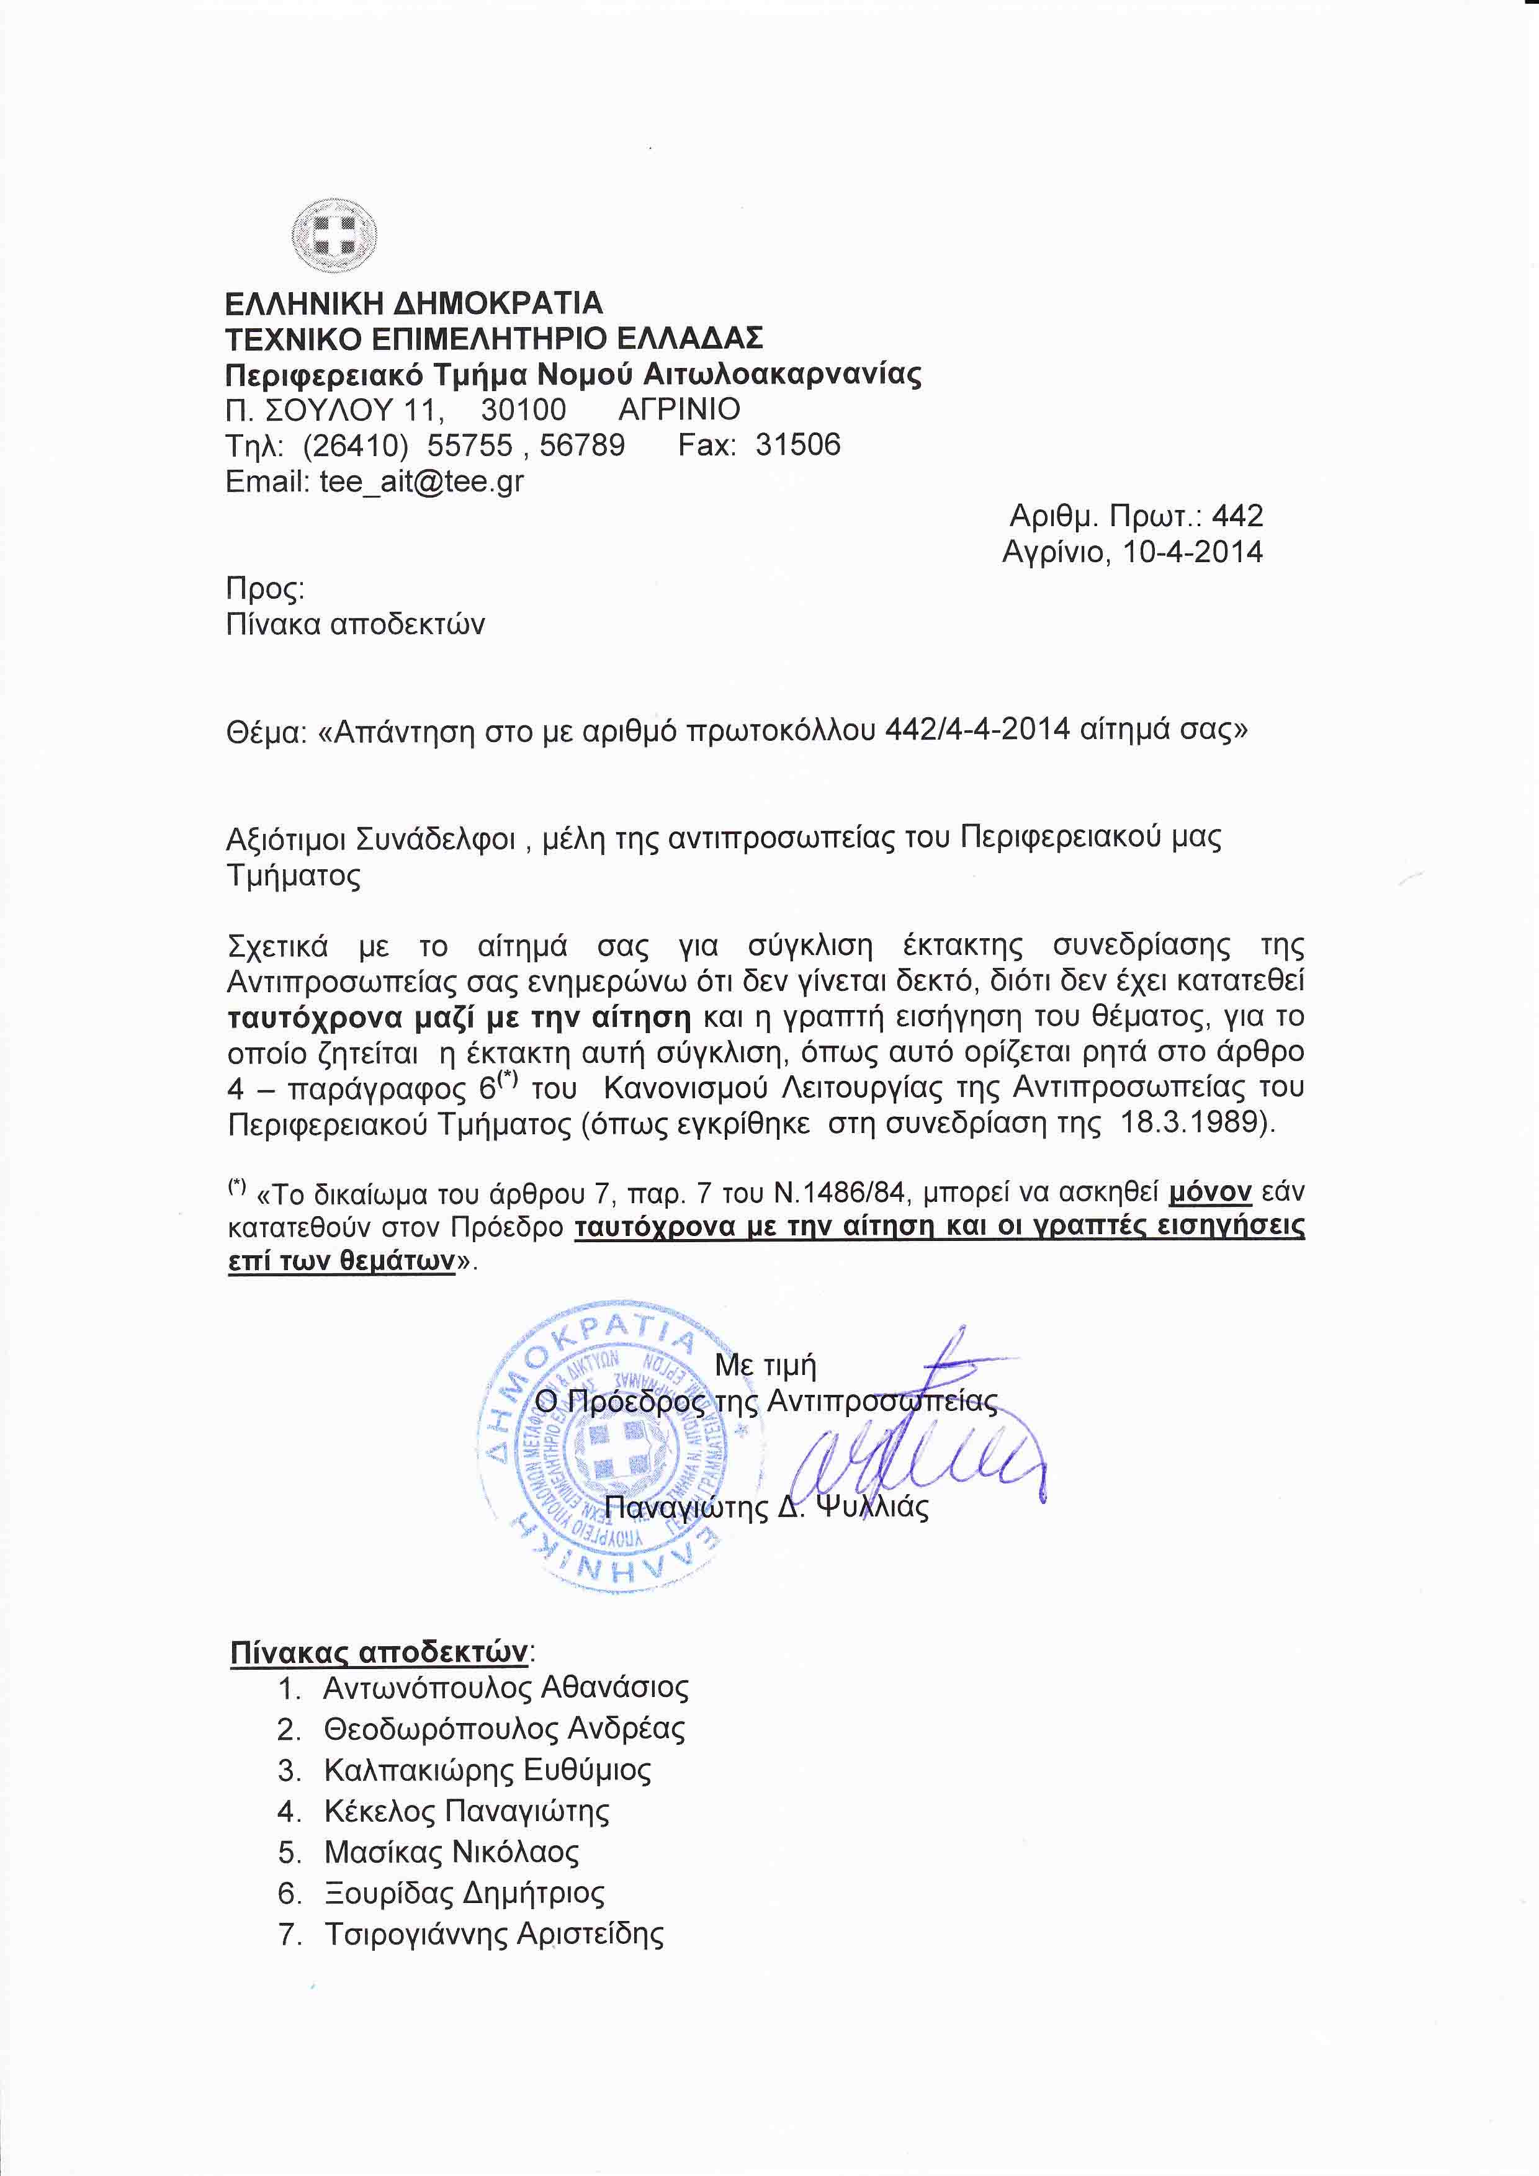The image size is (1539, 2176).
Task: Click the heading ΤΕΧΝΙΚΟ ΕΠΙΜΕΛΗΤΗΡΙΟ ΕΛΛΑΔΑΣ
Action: (x=494, y=338)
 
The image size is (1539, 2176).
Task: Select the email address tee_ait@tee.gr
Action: (x=421, y=481)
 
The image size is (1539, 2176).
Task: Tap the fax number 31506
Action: (x=798, y=444)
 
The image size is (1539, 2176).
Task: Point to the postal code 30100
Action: (x=523, y=410)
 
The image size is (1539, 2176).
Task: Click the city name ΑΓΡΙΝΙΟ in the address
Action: (x=680, y=410)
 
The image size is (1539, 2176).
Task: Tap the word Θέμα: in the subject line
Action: (x=266, y=731)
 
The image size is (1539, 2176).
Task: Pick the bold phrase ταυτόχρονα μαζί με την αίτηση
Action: (x=460, y=1017)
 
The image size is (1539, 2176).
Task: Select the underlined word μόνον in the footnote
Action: (x=1210, y=1191)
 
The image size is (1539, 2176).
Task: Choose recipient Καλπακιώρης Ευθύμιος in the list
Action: (x=487, y=1770)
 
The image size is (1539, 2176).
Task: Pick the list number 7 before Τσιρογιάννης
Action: (x=289, y=1935)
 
